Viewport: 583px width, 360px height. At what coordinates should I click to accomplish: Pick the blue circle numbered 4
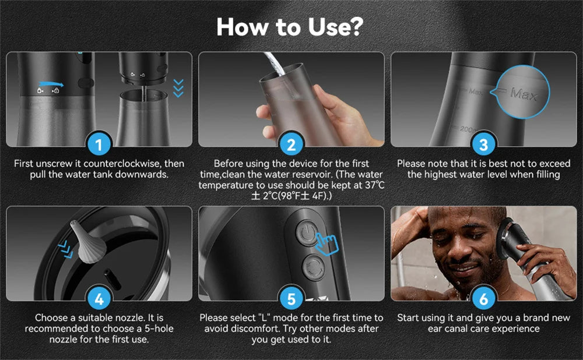click(99, 299)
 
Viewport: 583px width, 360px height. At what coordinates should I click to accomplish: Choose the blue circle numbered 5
click(291, 299)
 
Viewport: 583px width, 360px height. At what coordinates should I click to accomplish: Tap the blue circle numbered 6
click(483, 299)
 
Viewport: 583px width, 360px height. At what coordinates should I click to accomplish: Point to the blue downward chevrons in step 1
click(178, 88)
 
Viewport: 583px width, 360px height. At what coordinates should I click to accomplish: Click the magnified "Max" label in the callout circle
click(523, 93)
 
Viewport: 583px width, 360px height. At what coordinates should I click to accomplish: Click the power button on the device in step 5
click(307, 232)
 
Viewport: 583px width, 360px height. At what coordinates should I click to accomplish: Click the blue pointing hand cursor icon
click(326, 243)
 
